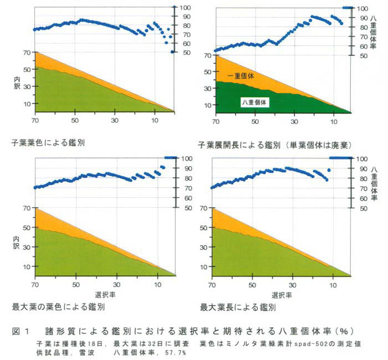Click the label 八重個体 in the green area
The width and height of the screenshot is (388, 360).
point(256,102)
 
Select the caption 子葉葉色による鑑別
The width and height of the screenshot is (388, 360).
point(49,142)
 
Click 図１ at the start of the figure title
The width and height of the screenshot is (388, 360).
point(20,331)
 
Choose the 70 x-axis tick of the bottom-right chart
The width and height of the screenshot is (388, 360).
point(211,284)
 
